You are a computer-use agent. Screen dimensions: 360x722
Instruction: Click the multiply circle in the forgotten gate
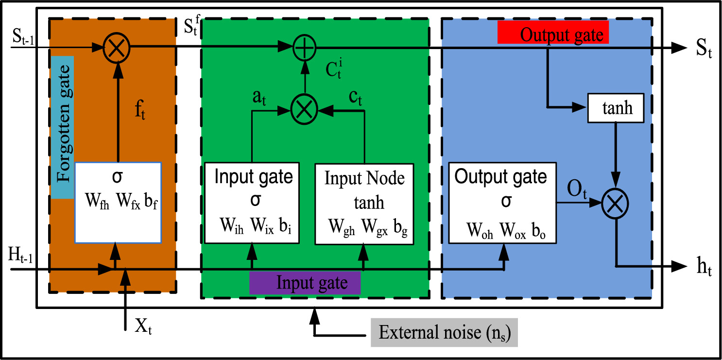pos(116,47)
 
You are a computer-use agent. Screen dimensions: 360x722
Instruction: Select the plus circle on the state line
pos(305,47)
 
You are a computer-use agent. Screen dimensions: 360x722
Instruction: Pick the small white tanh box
pos(616,107)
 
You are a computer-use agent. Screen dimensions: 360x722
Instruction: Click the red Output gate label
pos(553,34)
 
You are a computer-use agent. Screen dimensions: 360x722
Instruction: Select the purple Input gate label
pos(305,283)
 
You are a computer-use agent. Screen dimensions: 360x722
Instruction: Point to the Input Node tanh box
pos(364,203)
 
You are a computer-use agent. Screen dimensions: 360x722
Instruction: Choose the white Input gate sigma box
pos(252,203)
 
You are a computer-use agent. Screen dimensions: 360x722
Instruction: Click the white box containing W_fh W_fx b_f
pos(118,202)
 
